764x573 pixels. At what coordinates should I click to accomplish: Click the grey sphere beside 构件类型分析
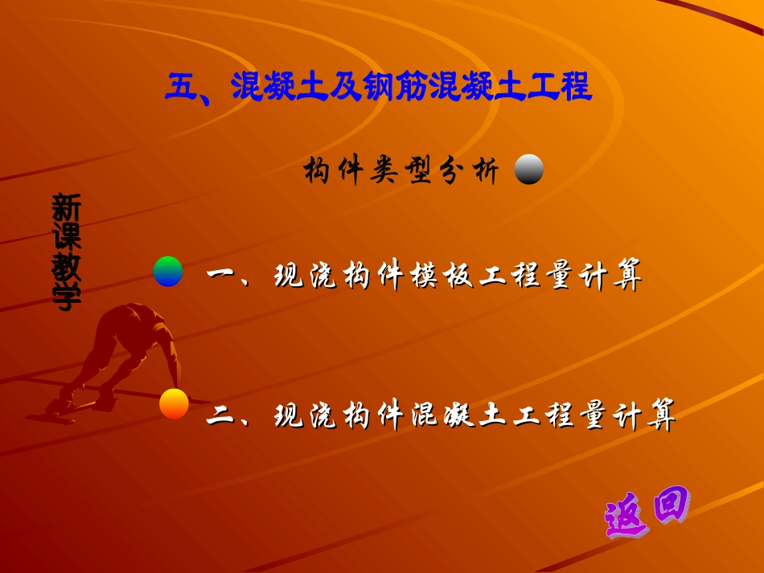click(529, 170)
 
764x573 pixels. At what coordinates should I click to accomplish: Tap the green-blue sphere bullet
click(168, 272)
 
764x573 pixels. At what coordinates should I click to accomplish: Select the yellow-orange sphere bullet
click(174, 403)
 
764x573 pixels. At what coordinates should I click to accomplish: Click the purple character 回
click(670, 505)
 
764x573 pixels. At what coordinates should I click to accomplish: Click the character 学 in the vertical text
click(66, 297)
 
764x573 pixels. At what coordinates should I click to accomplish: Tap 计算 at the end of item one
click(615, 276)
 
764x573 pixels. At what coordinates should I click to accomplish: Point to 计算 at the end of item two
click(649, 415)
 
